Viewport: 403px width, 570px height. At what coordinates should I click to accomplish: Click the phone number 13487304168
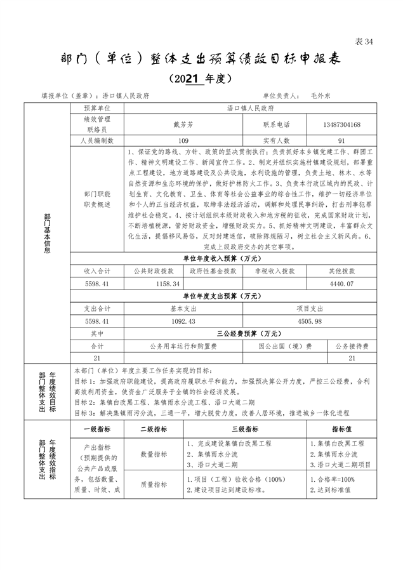[x=341, y=124]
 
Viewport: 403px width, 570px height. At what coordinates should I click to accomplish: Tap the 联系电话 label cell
[x=276, y=124]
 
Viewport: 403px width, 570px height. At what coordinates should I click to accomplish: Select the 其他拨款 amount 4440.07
[x=341, y=284]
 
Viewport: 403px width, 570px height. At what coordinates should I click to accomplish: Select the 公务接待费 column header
[x=350, y=346]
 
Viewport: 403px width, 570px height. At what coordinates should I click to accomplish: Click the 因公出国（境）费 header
[x=284, y=346]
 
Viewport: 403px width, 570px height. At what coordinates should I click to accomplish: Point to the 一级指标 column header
[x=98, y=429]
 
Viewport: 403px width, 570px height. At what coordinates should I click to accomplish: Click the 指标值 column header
[x=342, y=429]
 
